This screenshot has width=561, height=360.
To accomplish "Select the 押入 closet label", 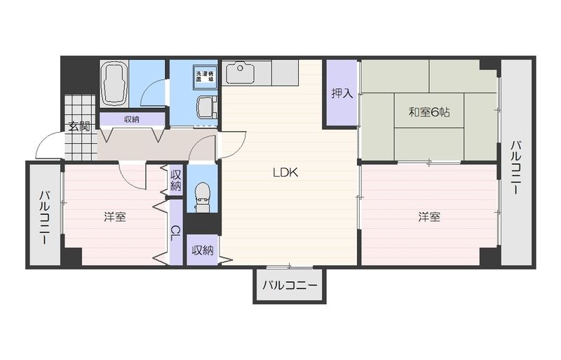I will pyautogui.click(x=342, y=93).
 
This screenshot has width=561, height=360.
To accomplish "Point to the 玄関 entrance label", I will pyautogui.click(x=79, y=127).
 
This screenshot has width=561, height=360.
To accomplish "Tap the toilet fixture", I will pyautogui.click(x=202, y=198).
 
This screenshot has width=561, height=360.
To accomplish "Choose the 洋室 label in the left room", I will pyautogui.click(x=115, y=218).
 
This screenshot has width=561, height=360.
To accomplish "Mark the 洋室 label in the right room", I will pyautogui.click(x=429, y=218).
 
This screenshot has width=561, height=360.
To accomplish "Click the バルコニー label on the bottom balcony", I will pyautogui.click(x=290, y=286).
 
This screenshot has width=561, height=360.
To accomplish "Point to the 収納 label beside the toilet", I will pyautogui.click(x=175, y=180).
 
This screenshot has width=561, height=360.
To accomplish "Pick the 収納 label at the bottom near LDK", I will pyautogui.click(x=203, y=251).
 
